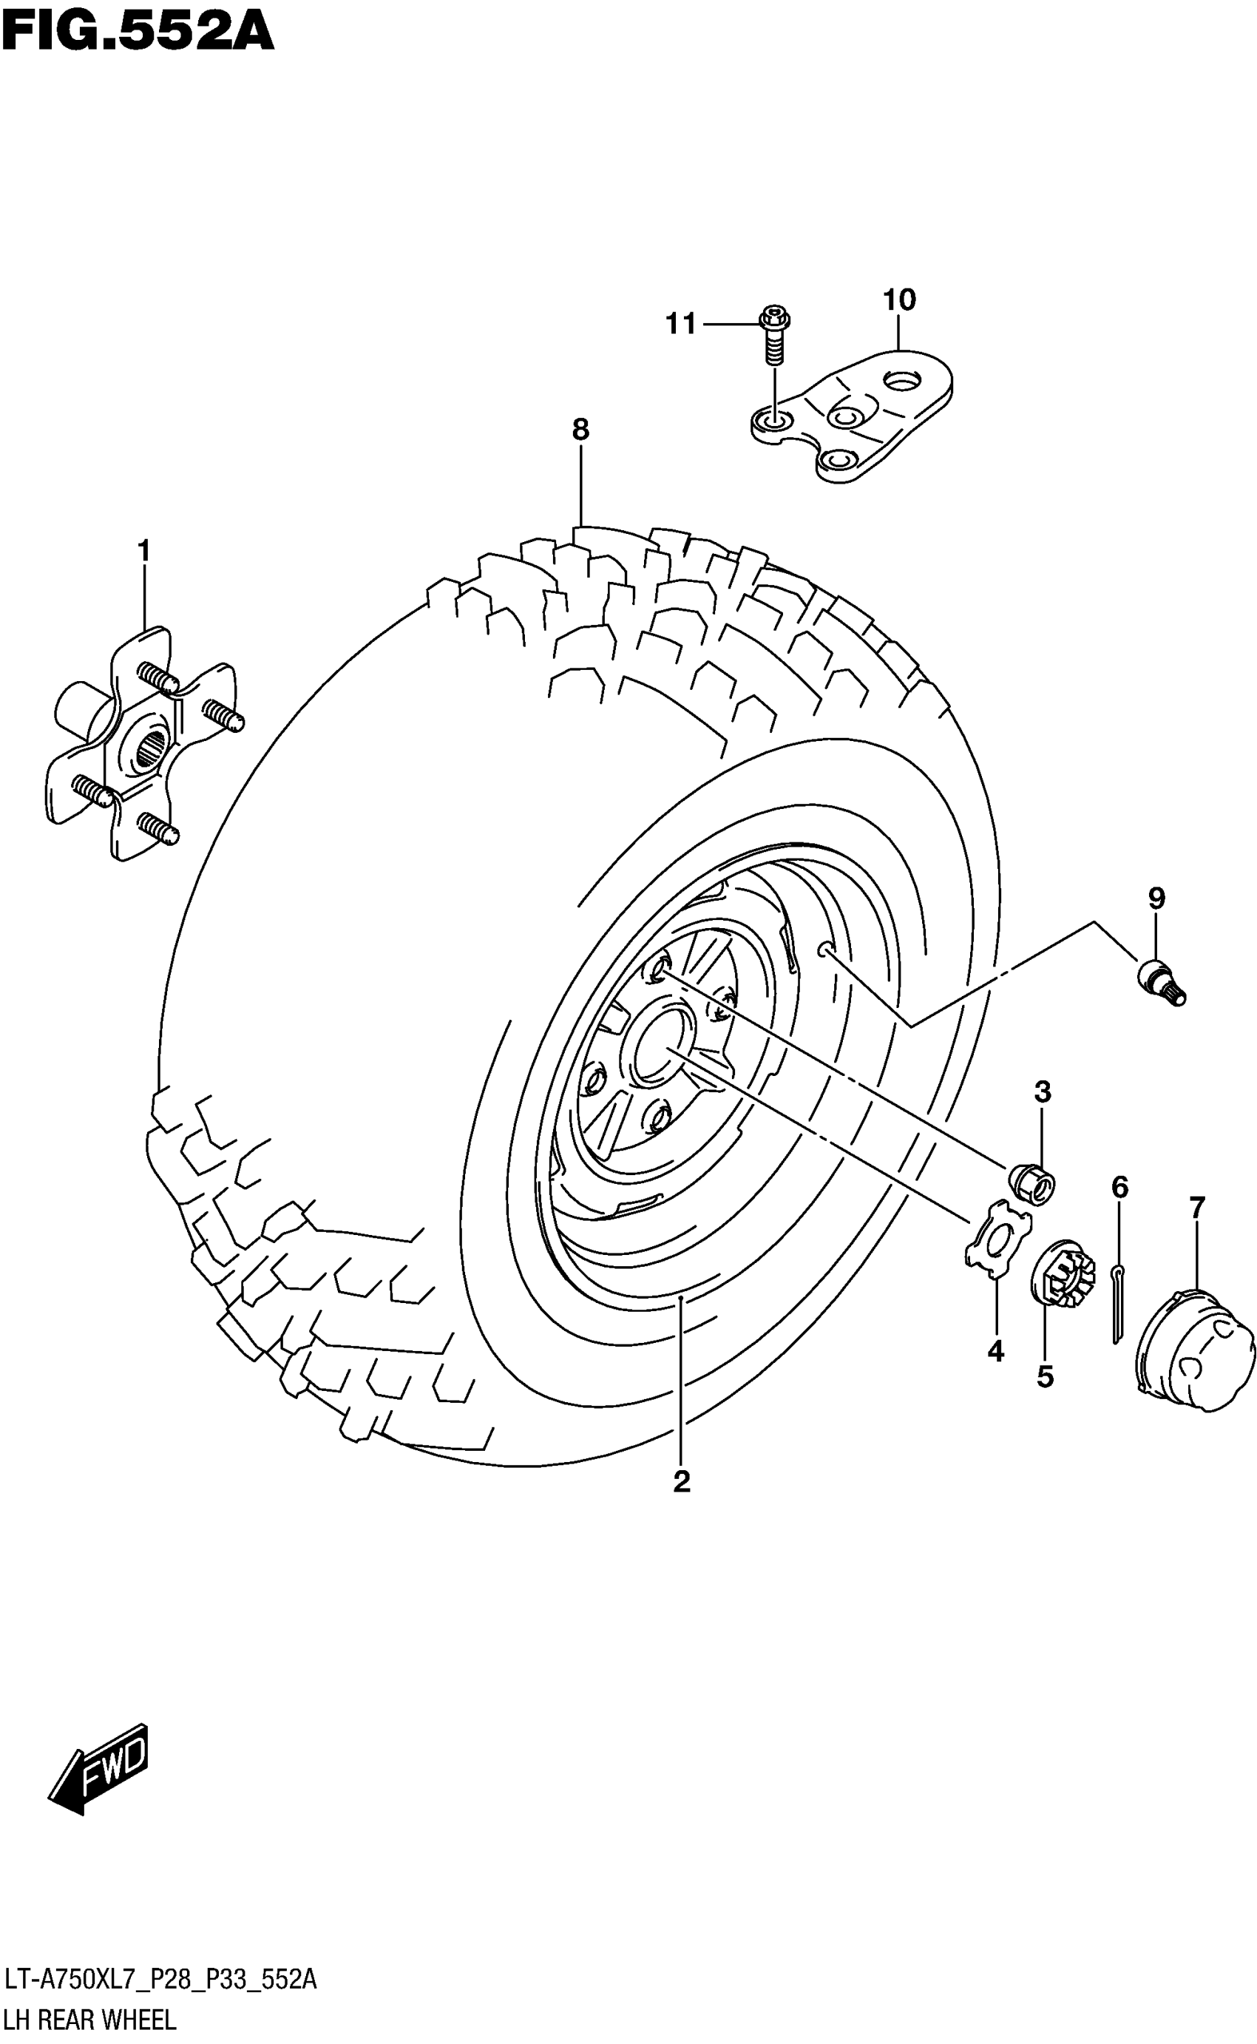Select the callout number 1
pos(144,550)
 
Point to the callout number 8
pos(580,430)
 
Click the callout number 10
pos(898,300)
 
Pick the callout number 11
pos(681,324)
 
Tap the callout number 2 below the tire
pos(682,1481)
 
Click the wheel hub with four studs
pos(141,744)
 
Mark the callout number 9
pos(1156,898)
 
